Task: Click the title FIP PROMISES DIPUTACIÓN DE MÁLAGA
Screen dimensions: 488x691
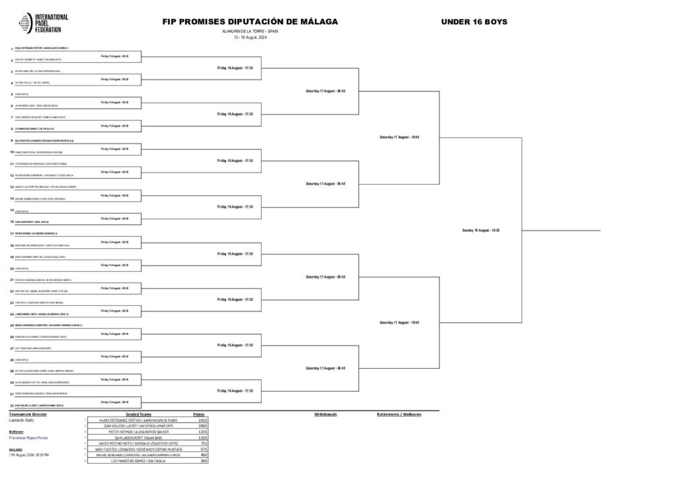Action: coord(250,22)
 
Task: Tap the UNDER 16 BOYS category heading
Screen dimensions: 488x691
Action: coord(474,22)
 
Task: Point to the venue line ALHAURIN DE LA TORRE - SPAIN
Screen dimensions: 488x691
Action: coord(250,31)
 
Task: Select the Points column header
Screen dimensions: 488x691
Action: coord(198,414)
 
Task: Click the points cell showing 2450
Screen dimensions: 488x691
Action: coord(202,419)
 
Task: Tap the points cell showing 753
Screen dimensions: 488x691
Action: coord(202,443)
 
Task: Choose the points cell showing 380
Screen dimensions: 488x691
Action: coord(202,460)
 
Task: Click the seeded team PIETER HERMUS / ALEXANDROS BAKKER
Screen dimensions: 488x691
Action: coord(141,431)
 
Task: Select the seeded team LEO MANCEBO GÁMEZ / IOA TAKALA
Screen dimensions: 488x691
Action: coord(141,460)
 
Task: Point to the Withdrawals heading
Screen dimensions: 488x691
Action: coord(326,414)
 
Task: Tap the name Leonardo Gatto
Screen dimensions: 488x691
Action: coord(22,419)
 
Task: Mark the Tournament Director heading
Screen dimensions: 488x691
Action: coord(28,414)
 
